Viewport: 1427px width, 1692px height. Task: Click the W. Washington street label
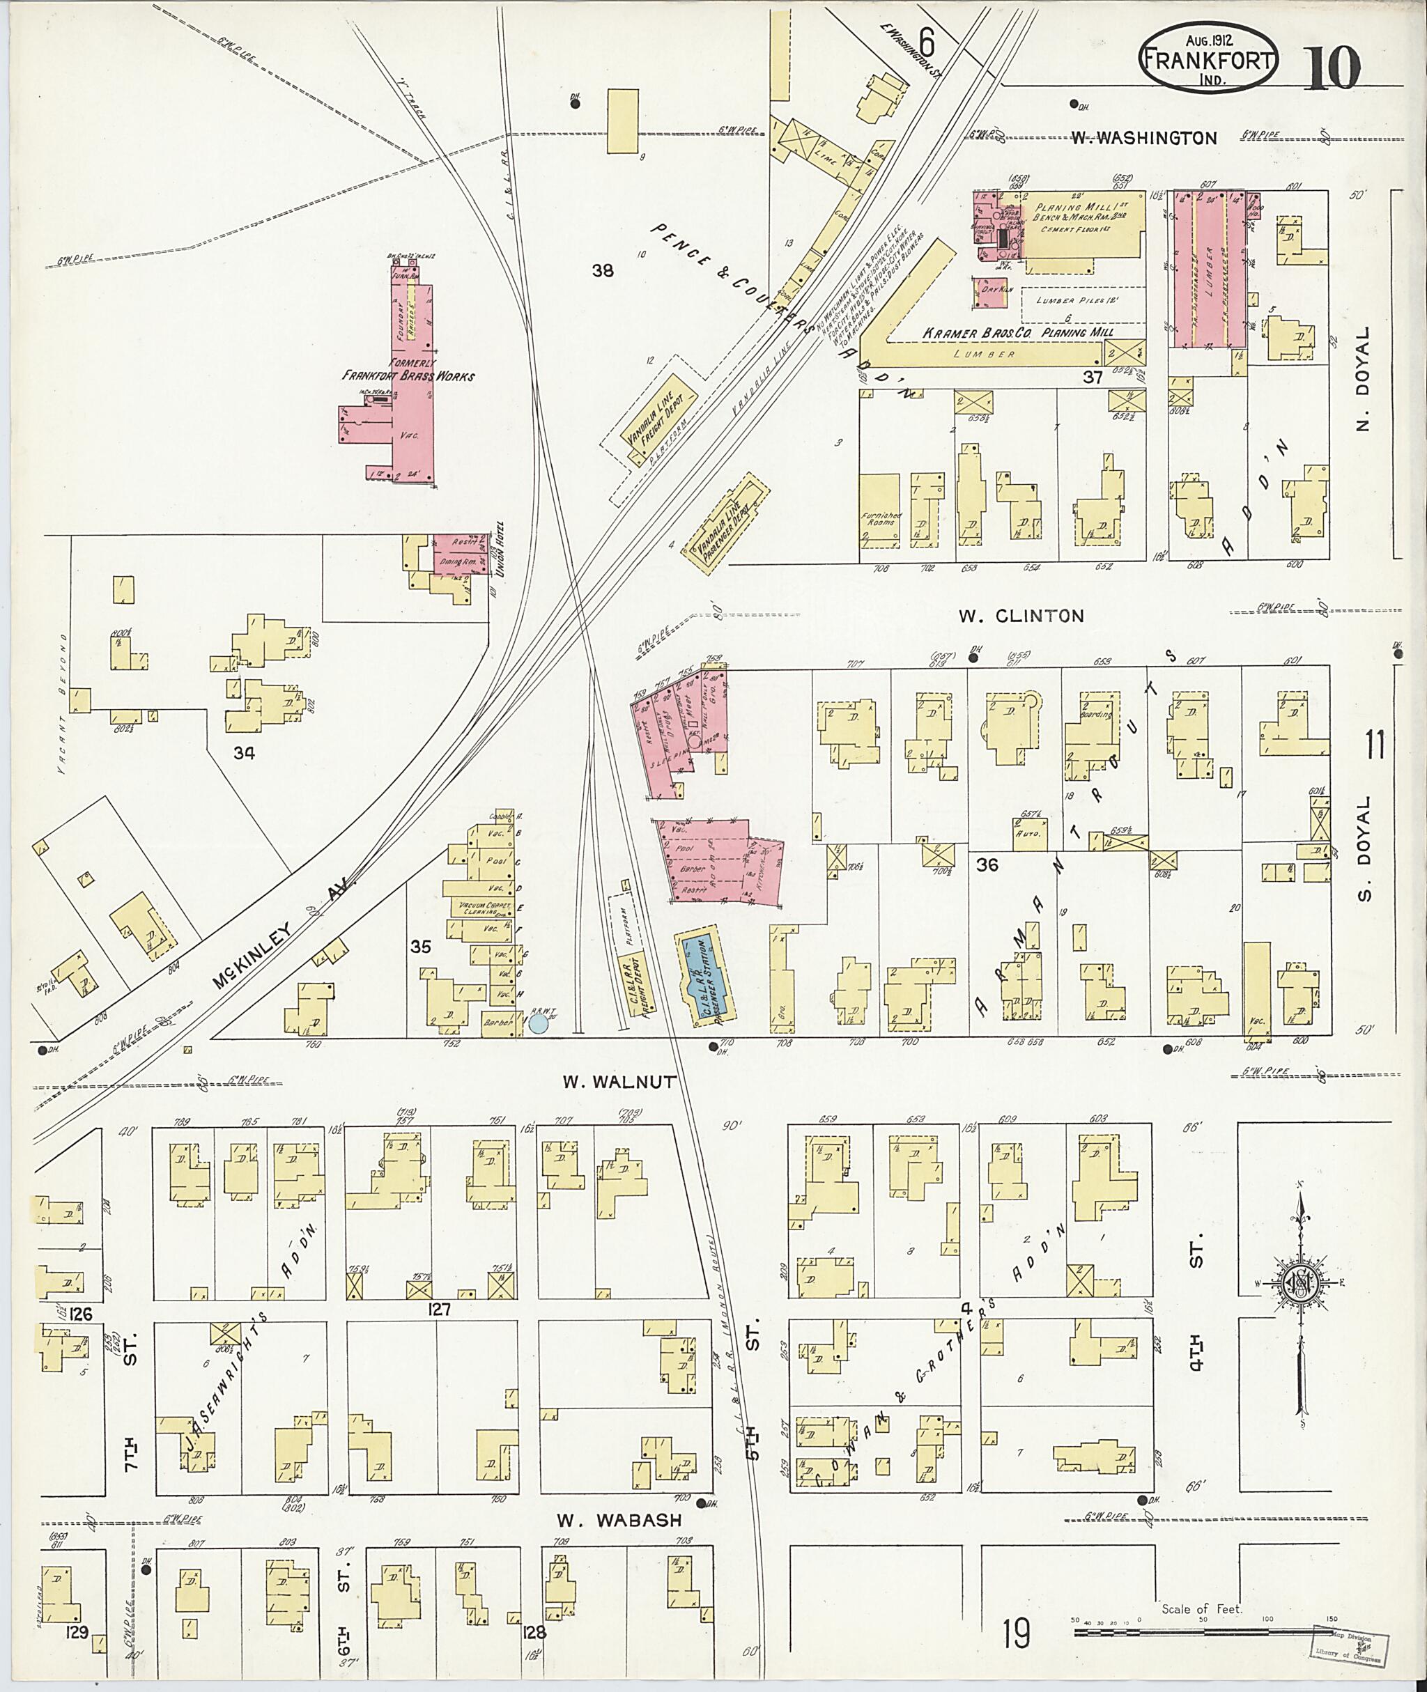pyautogui.click(x=1144, y=139)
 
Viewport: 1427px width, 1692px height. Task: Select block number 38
pyautogui.click(x=603, y=271)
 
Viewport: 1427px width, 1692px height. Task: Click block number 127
pyautogui.click(x=441, y=1310)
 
